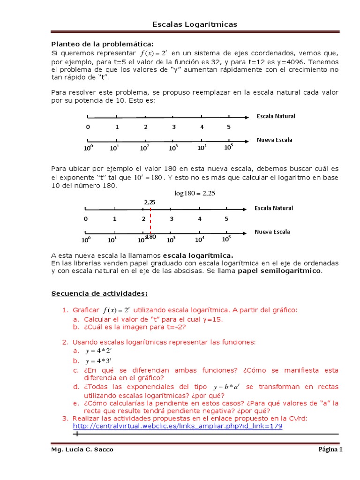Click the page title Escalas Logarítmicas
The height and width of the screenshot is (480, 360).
tap(195, 24)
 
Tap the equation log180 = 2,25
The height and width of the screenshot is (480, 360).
tap(195, 193)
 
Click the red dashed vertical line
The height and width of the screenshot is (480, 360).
tap(150, 220)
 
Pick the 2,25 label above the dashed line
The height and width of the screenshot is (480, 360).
tap(150, 202)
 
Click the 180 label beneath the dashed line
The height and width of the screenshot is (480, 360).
tap(151, 237)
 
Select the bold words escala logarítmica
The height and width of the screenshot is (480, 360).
tap(197, 255)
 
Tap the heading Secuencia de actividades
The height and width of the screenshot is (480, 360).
tap(99, 293)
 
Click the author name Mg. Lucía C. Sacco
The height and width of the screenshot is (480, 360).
tap(82, 450)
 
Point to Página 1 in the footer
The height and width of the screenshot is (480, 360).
tap(330, 450)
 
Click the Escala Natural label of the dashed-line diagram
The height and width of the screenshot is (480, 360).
tap(274, 208)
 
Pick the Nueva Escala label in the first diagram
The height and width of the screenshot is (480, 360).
tap(274, 140)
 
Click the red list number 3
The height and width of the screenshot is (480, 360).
tap(65, 418)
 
